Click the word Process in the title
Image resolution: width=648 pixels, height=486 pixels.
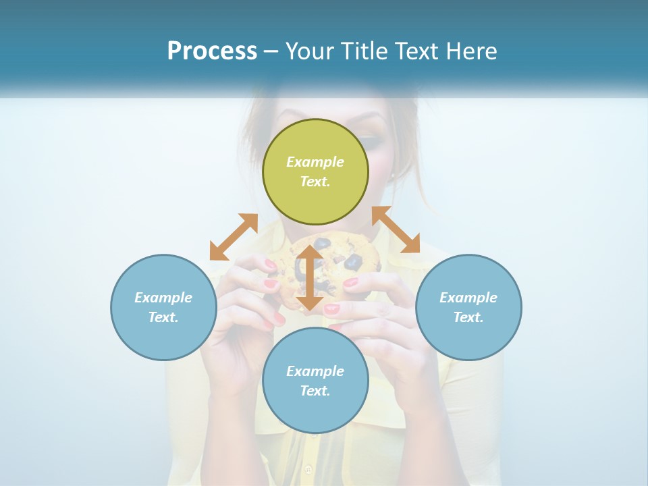click(x=212, y=51)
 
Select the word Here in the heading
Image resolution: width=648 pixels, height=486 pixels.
click(x=470, y=51)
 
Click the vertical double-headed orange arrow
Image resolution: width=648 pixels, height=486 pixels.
click(x=309, y=277)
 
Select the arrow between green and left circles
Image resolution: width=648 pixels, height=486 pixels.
click(x=234, y=236)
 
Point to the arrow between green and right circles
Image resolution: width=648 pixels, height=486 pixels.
click(x=396, y=230)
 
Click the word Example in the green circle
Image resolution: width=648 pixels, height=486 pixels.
click(x=315, y=162)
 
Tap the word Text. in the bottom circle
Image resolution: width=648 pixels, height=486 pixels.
click(x=315, y=391)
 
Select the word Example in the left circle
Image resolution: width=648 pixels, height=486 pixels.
click(x=163, y=298)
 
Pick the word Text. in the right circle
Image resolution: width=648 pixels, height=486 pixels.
click(x=468, y=317)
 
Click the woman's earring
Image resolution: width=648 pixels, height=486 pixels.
click(x=392, y=175)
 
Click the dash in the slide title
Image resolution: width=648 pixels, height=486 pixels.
click(x=271, y=51)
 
